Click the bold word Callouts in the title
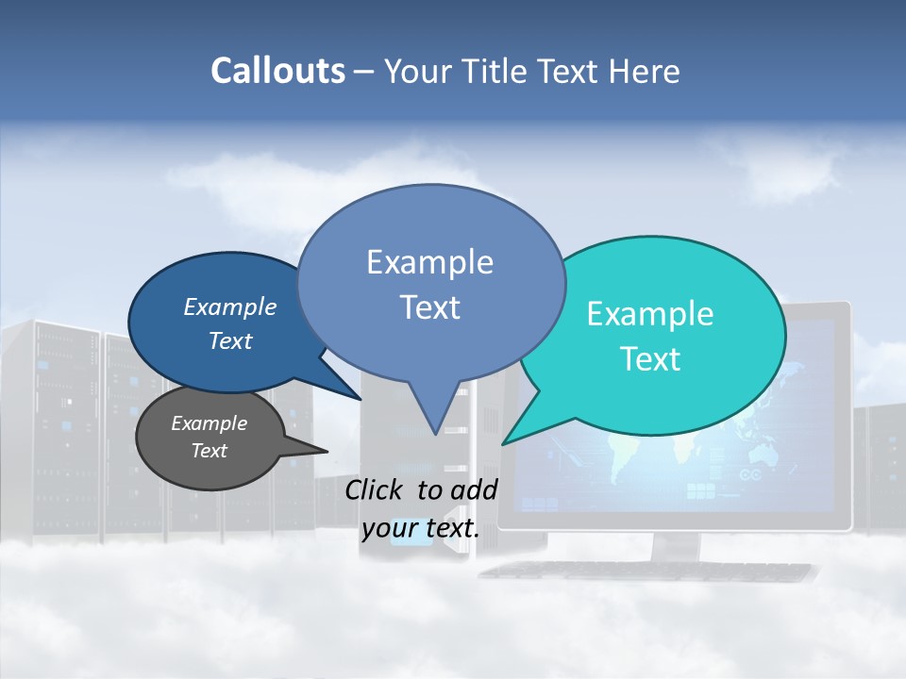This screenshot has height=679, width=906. (277, 71)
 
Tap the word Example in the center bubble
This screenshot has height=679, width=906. (429, 262)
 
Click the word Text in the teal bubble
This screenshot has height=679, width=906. (650, 359)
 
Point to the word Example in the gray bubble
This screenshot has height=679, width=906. (209, 423)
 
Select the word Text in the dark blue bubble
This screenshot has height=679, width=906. (229, 341)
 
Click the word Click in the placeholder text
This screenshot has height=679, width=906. (375, 489)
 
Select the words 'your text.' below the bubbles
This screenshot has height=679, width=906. (421, 529)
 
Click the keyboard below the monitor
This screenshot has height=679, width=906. (651, 571)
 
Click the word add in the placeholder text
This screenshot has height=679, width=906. (474, 489)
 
